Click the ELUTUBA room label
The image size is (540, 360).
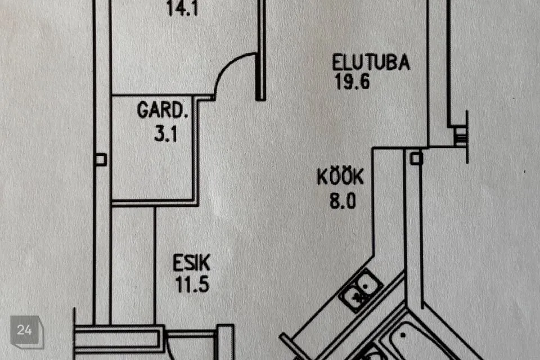(371, 62)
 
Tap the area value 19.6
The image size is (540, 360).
(352, 82)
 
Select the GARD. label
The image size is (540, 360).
(163, 110)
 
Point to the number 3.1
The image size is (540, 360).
(165, 134)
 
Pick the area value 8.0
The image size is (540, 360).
(343, 200)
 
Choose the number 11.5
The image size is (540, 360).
(192, 285)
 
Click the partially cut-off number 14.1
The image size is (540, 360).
(182, 8)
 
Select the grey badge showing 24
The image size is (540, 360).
(27, 331)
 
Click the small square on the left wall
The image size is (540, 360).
(101, 160)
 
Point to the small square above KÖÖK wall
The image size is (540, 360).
(416, 158)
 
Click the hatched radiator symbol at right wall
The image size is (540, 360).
(460, 137)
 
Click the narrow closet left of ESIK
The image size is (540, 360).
(133, 265)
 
